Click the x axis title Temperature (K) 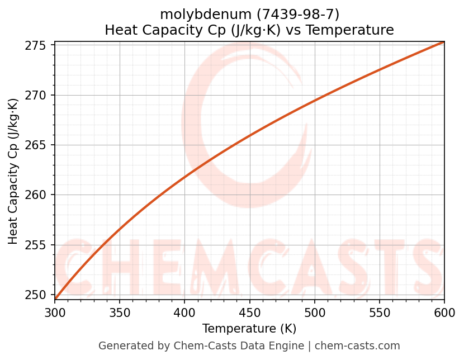pos(249,329)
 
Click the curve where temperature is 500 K pos(315,101)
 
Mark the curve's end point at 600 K pos(444,42)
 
